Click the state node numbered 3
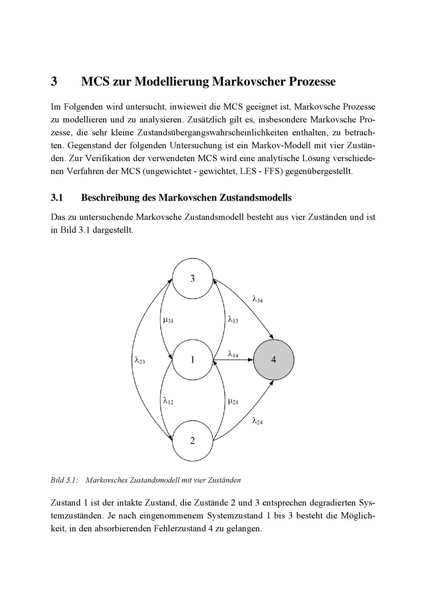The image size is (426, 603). tap(192, 279)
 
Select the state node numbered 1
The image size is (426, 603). tap(192, 360)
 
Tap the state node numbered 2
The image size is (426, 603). tap(192, 441)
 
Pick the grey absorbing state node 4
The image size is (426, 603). tap(273, 360)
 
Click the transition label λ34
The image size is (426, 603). tap(258, 300)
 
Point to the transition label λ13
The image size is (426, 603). tap(233, 319)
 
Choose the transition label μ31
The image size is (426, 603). tap(168, 320)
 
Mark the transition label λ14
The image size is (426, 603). tap(233, 354)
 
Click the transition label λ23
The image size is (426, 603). tap(140, 361)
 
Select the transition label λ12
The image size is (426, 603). tap(168, 401)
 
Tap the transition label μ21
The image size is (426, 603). tap(233, 401)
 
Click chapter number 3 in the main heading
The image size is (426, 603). tap(54, 81)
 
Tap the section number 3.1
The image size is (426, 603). tap(57, 198)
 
